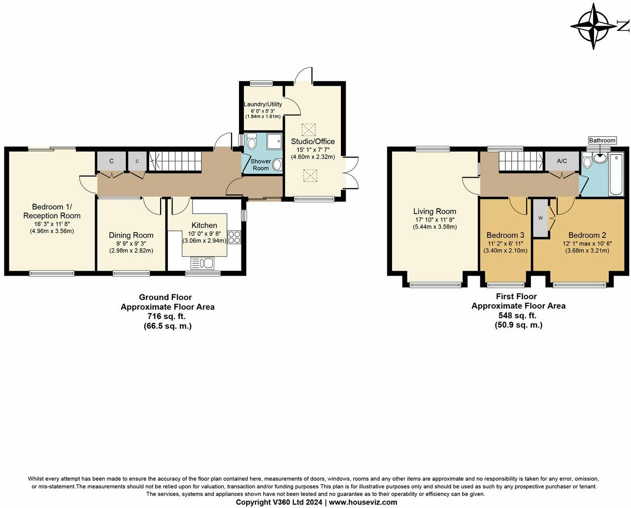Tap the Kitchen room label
[204, 225]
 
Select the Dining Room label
[131, 235]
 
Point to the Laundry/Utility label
[263, 104]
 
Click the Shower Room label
[261, 164]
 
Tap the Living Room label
[434, 212]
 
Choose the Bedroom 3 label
[505, 235]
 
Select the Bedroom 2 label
[588, 235]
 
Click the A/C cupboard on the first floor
[562, 161]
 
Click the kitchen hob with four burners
[234, 238]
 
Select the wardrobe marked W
[540, 218]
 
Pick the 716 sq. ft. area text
[167, 316]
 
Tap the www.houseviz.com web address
[363, 502]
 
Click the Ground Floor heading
[165, 297]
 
